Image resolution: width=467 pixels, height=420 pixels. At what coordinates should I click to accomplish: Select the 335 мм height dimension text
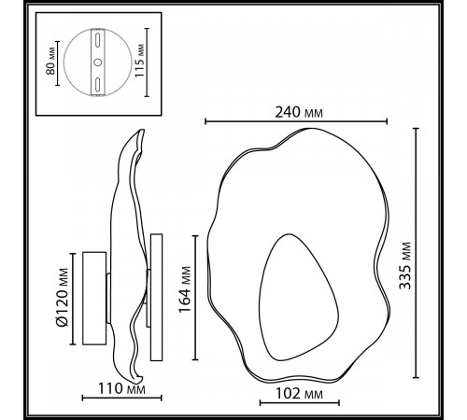point(432,255)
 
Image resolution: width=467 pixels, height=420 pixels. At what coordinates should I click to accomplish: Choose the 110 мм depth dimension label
point(124,387)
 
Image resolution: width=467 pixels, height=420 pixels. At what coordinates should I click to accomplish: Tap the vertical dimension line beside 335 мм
point(415,254)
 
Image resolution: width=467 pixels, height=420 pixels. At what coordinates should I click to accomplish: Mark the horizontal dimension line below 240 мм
point(295,121)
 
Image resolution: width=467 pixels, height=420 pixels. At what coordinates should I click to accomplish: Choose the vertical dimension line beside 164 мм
point(195,297)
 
